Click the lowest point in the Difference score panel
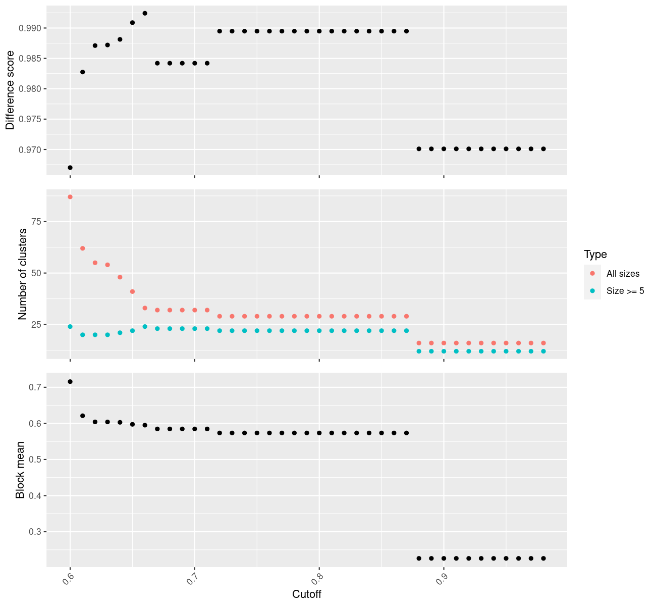tap(70, 168)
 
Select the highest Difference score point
tap(145, 13)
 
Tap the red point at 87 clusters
tap(70, 197)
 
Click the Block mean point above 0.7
tap(70, 382)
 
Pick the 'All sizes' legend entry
tap(623, 274)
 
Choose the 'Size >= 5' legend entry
tap(625, 291)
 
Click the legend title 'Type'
tap(595, 255)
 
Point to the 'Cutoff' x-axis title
tap(307, 594)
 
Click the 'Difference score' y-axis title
tap(10, 89)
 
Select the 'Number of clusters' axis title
tap(22, 274)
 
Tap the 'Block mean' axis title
tap(20, 470)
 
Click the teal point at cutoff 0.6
tap(70, 327)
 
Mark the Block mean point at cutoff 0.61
tap(83, 416)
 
